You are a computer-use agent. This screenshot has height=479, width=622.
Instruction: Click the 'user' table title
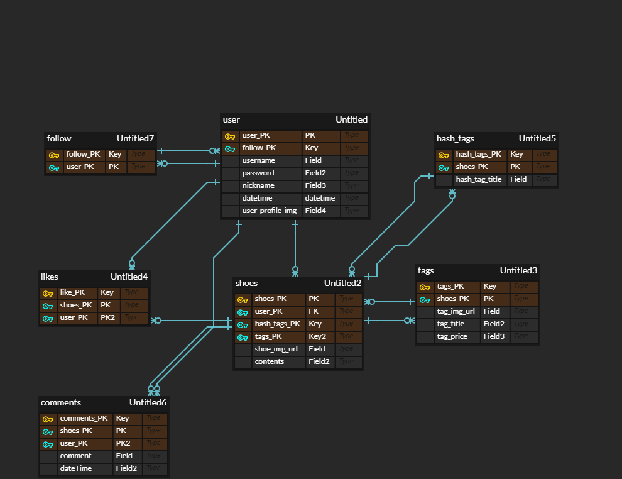[231, 119]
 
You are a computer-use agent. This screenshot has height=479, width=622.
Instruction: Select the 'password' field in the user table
[258, 173]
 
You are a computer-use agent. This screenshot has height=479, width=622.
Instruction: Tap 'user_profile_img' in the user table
[269, 211]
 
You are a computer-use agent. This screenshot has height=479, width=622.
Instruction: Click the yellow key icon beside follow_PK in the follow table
[54, 155]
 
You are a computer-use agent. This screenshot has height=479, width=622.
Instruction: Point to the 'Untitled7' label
[135, 138]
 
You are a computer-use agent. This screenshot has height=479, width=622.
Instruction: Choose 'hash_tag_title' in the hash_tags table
[479, 179]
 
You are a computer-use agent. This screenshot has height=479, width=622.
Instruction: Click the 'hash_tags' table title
[456, 138]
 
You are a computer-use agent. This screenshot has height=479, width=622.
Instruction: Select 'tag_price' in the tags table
[453, 336]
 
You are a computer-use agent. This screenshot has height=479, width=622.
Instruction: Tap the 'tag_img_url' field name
[456, 311]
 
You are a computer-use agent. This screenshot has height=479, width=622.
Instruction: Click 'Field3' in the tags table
[494, 336]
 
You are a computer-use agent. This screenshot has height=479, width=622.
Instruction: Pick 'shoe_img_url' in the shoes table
[276, 349]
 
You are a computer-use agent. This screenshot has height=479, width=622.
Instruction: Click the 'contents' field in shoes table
[270, 361]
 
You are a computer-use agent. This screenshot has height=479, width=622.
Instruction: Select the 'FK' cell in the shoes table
[312, 311]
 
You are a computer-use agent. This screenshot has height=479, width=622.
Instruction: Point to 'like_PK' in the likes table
[73, 292]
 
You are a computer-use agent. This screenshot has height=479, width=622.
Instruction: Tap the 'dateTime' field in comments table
[76, 468]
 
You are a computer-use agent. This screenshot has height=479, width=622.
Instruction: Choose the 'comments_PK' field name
[84, 418]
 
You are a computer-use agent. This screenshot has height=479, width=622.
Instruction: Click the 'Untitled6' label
[148, 402]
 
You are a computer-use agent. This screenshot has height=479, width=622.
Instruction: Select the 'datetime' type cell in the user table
[320, 198]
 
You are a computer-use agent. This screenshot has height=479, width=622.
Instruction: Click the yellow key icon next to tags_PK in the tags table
[425, 287]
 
